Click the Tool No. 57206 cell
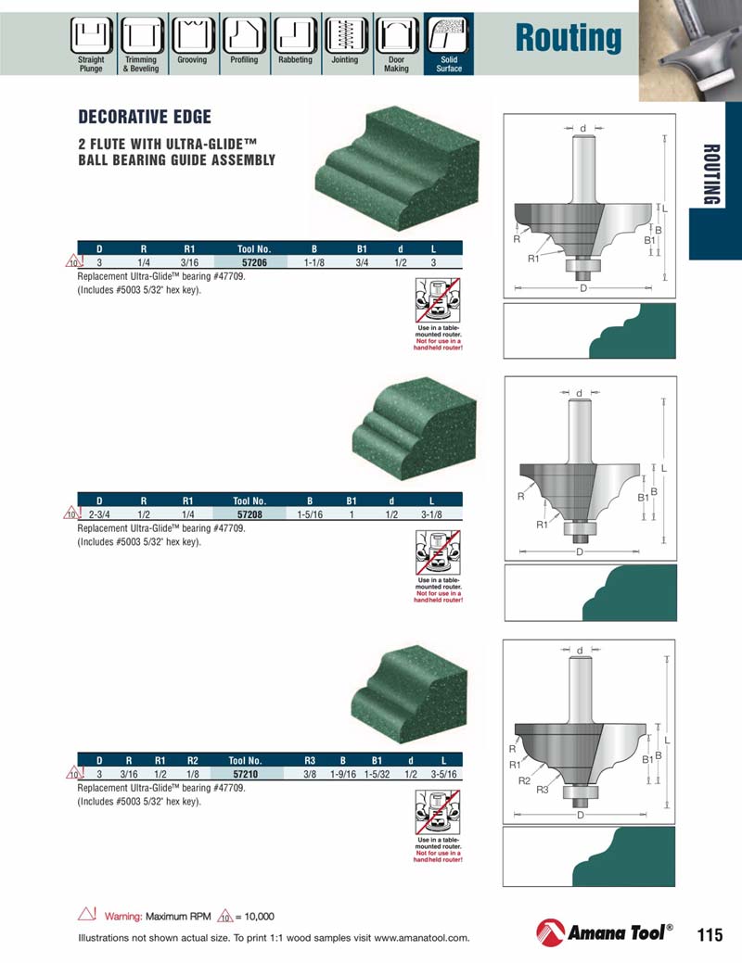pos(253,262)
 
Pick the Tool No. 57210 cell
pos(246,772)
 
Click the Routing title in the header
pos(568,39)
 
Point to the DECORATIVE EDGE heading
pos(145,118)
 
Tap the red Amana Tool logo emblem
pos(550,933)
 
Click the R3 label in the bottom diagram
pos(543,790)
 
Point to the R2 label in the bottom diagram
pos(524,781)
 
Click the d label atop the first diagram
pos(583,127)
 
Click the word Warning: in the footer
pos(123,917)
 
